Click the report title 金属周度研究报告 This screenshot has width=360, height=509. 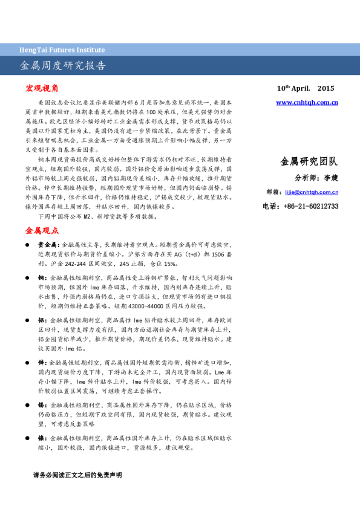pos(63,66)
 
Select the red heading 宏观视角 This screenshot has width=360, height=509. pos(42,88)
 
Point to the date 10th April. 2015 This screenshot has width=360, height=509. pos(305,88)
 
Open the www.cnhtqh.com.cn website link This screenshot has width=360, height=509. pos(307,103)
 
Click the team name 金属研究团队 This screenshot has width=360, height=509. pos(309,161)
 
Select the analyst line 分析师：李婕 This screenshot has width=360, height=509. pos(316,178)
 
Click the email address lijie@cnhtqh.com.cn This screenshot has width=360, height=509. pos(311,192)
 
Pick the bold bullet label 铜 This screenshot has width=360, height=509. pos(41,277)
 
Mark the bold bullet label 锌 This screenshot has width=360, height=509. pos(41,362)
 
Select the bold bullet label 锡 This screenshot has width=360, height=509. pos(41,404)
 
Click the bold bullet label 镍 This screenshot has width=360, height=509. pos(41,437)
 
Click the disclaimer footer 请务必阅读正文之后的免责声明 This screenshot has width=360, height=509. pos(77,475)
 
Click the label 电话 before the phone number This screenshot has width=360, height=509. pos(270,206)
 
